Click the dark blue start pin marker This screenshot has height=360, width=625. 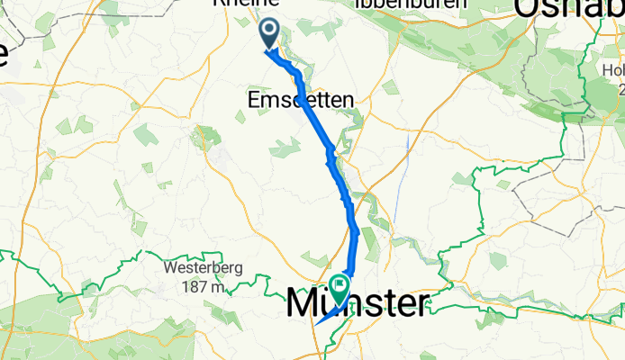[x=269, y=34]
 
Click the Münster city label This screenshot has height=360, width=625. [x=357, y=303]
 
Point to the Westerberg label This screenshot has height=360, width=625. [x=194, y=268]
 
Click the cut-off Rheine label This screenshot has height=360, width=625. [x=242, y=4]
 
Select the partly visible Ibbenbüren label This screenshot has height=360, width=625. [x=411, y=4]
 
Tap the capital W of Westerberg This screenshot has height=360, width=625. [x=168, y=268]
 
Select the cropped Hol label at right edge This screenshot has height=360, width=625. [x=614, y=70]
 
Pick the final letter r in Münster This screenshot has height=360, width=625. [x=421, y=305]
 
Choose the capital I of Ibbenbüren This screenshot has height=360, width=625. [x=359, y=4]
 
